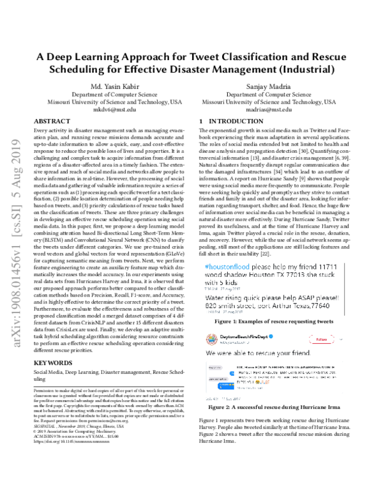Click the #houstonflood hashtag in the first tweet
229,263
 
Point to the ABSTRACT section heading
52,120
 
